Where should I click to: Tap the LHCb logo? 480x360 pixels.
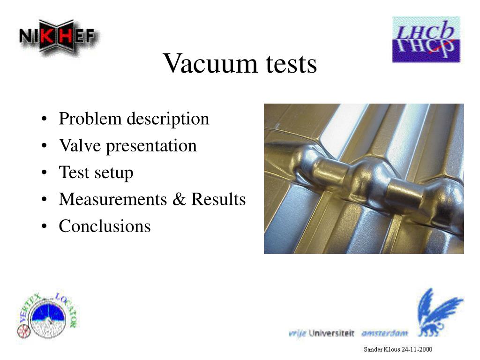(426, 39)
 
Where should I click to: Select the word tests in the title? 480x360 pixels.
(291, 64)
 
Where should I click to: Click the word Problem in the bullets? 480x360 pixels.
(90, 119)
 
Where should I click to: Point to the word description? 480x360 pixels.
(168, 119)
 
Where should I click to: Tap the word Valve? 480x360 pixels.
(80, 145)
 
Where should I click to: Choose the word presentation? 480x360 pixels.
(151, 146)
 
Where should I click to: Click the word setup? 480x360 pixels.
(114, 172)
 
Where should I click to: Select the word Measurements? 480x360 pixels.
(113, 199)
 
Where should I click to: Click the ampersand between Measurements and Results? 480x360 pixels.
(179, 199)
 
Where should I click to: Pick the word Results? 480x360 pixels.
(218, 199)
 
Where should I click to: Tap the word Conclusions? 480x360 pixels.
(105, 226)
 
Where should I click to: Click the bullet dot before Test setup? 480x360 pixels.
(44, 172)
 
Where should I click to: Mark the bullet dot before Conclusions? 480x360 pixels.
(44, 226)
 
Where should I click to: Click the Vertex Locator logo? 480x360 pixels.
(47, 316)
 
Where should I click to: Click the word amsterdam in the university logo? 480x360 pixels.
(384, 333)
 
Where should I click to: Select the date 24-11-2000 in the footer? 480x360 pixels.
(417, 349)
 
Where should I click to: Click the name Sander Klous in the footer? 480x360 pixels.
(382, 349)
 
